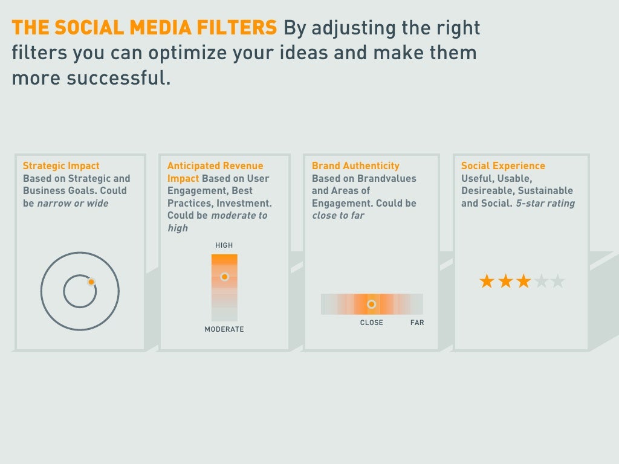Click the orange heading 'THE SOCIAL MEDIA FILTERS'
[x=144, y=28]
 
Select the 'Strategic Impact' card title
[x=61, y=166]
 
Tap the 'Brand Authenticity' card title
[x=355, y=166]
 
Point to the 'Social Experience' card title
[x=503, y=166]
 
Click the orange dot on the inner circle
[x=91, y=282]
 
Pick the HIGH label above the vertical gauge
[x=224, y=245]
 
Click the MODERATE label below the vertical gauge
[x=224, y=329]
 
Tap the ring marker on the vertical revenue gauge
[x=224, y=277]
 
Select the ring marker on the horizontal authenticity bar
[x=371, y=304]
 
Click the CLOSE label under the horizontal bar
[x=371, y=323]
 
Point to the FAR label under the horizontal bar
[x=417, y=323]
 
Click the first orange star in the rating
[x=487, y=281]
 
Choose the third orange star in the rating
[x=523, y=281]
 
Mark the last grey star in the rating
[x=557, y=281]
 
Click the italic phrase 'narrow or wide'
[x=73, y=204]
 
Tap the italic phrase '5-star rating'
[x=545, y=204]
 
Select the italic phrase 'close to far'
[x=338, y=216]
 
